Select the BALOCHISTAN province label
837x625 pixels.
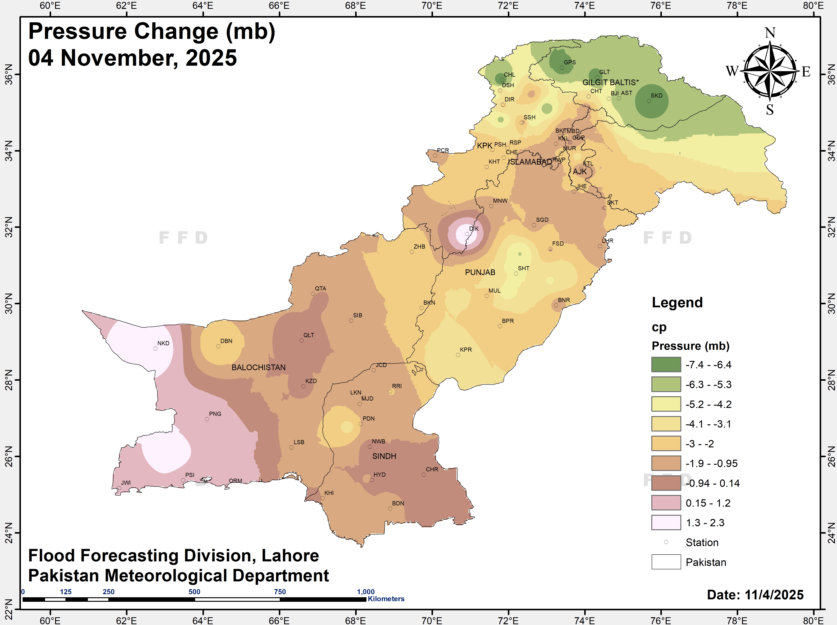pos(258,367)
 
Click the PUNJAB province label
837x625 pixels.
pos(480,272)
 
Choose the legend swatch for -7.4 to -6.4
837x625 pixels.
pos(666,365)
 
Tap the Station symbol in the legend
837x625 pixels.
pos(666,542)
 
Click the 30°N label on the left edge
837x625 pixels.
pos(8,303)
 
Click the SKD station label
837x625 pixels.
pos(656,96)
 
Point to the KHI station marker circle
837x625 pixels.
pos(322,498)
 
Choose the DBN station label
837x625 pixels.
pos(226,341)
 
